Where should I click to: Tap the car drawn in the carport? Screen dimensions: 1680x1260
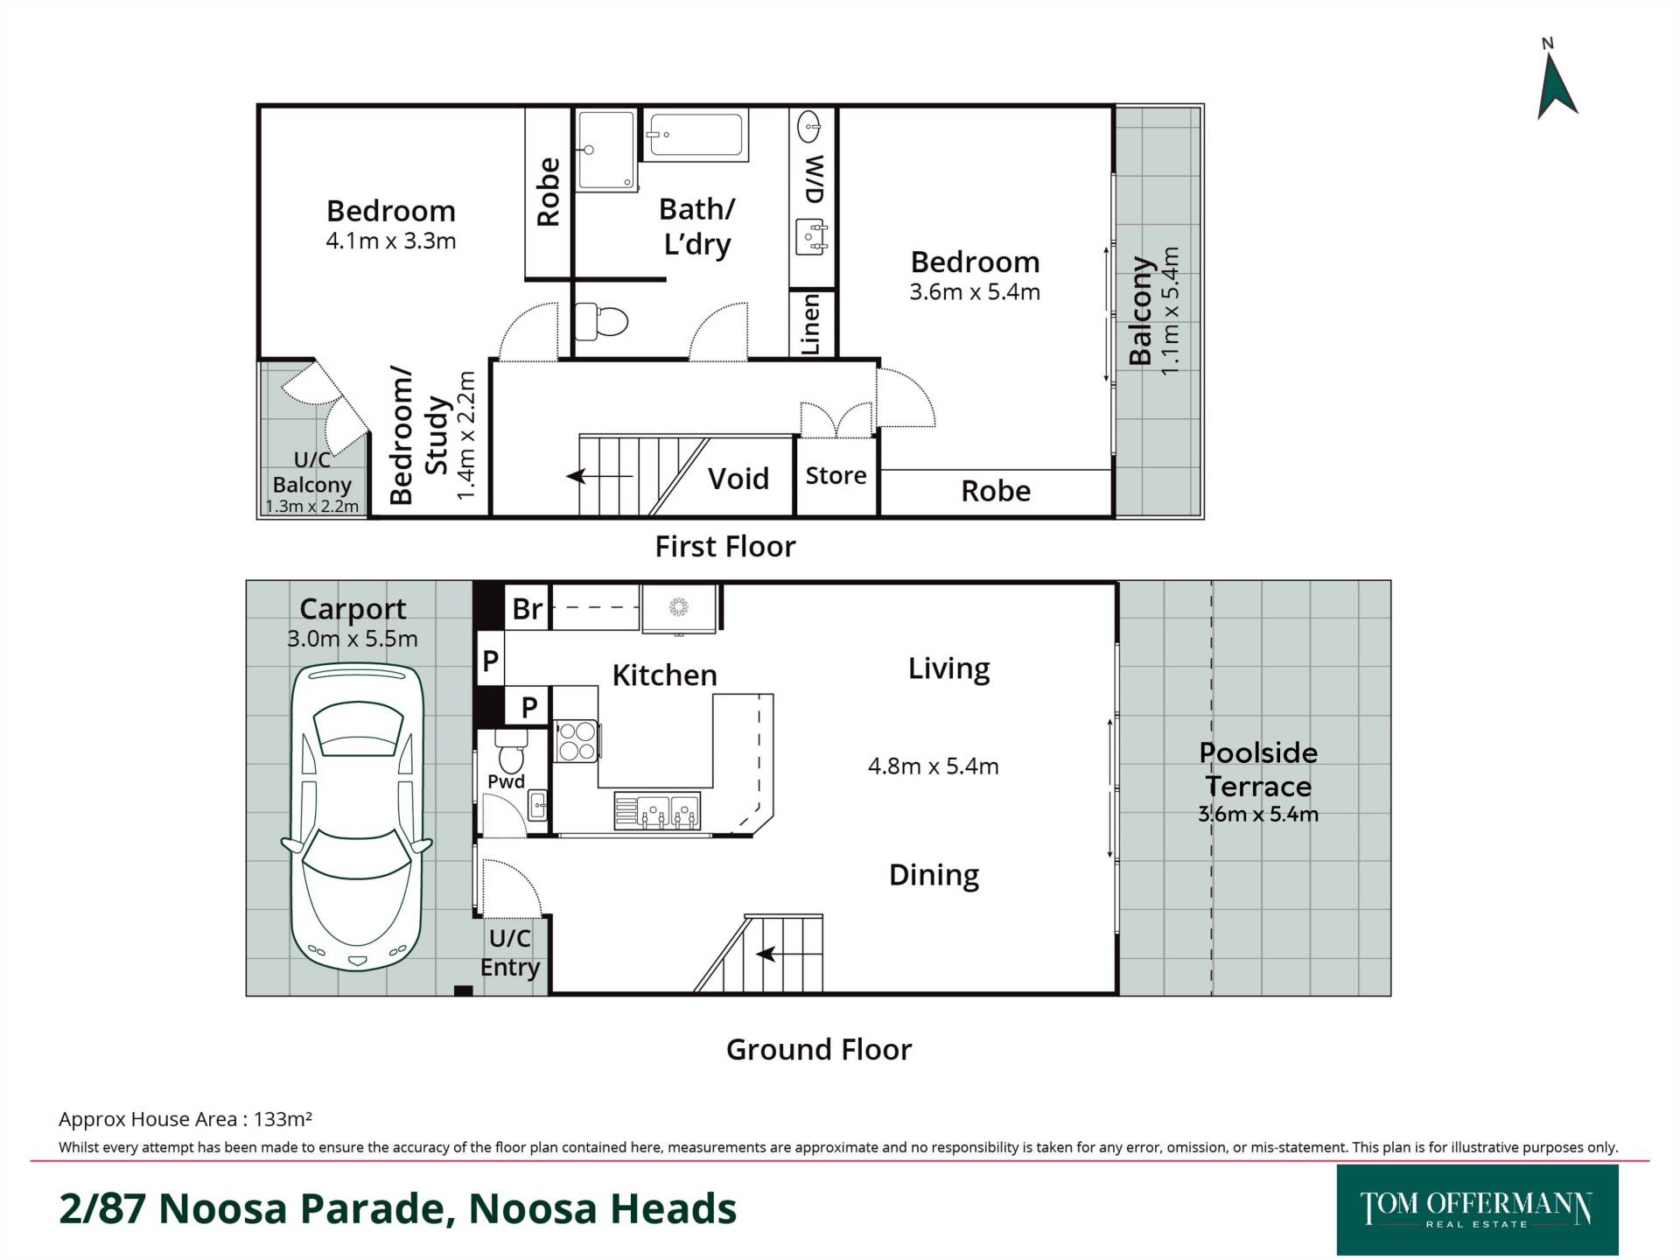click(x=356, y=815)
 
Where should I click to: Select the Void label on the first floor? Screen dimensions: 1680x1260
click(x=738, y=479)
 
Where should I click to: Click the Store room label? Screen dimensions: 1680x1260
click(x=836, y=475)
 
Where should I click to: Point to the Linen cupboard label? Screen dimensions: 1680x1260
click(x=811, y=324)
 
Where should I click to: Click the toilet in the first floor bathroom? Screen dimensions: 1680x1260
click(x=602, y=321)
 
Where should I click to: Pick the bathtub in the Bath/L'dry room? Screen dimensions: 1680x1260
click(x=696, y=135)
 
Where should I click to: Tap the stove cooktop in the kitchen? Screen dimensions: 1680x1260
click(x=577, y=740)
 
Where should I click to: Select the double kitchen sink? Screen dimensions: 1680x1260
click(x=658, y=811)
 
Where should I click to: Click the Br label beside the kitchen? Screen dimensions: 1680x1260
click(x=528, y=608)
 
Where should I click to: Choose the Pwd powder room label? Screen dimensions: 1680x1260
click(x=507, y=781)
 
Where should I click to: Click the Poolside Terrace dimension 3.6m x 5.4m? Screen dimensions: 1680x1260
click(x=1258, y=814)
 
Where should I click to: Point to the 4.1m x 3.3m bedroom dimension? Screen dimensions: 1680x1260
click(x=391, y=241)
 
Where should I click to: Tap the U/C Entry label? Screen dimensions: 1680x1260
click(x=510, y=953)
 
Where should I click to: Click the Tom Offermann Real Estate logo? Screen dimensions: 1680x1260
click(x=1477, y=1209)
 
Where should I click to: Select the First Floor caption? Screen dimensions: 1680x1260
click(x=725, y=547)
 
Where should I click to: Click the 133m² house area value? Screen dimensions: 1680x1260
click(x=283, y=1119)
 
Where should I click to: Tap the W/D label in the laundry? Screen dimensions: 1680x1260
click(x=815, y=179)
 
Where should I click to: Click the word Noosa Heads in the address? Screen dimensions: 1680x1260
click(x=603, y=1208)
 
